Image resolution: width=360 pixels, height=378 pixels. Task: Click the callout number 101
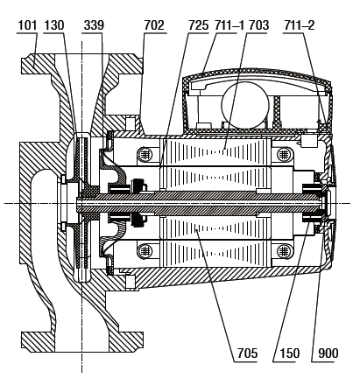click(x=27, y=25)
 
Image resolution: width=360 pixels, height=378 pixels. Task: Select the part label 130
click(x=54, y=25)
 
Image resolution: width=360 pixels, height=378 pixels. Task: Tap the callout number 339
click(x=94, y=25)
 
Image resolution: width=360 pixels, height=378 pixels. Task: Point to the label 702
click(x=154, y=25)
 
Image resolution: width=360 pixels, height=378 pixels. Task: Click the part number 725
click(x=199, y=25)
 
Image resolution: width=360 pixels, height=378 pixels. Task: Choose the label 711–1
click(x=229, y=25)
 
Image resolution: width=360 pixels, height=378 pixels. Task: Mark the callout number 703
click(x=258, y=25)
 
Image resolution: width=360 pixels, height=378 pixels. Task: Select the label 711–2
click(x=300, y=25)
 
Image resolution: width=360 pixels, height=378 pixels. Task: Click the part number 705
click(x=247, y=353)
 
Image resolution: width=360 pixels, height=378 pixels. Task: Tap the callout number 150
click(x=290, y=353)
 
